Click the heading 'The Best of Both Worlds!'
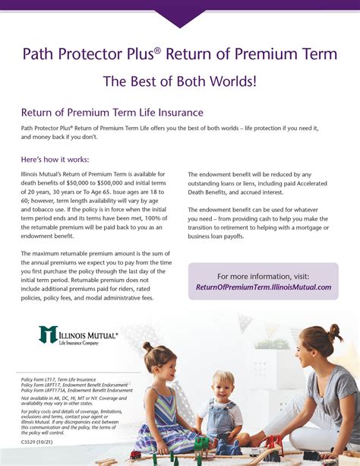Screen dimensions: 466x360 (179, 81)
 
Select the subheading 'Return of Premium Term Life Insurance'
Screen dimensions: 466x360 (112, 113)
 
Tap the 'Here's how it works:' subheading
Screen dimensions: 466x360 (55, 160)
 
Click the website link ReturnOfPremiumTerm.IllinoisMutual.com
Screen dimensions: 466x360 (264, 287)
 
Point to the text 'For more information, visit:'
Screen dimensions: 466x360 (264, 276)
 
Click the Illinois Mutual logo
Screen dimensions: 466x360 (78, 335)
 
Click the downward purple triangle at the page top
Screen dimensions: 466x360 (180, 17)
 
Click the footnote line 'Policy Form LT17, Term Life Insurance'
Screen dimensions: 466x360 (59, 379)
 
